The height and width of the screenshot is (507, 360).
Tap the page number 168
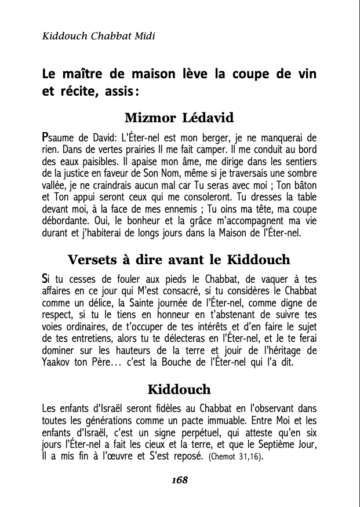pos(180,480)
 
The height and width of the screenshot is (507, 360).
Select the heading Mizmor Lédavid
pos(179,118)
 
